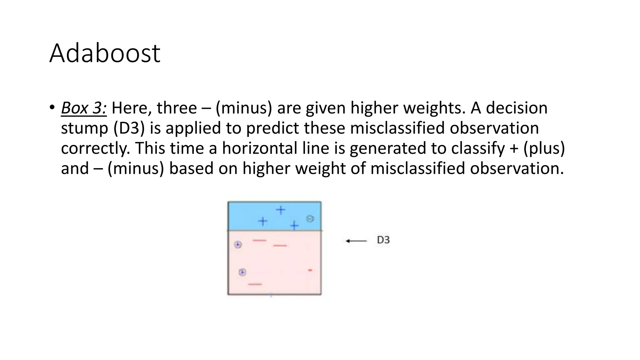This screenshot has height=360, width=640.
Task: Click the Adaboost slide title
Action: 105,53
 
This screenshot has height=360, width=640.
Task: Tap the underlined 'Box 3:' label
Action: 84,108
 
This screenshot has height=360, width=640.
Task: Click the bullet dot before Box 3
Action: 52,107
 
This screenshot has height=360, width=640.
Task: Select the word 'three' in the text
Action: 177,108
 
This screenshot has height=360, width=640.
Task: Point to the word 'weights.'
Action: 435,108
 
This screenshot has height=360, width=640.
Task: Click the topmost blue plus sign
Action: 281,210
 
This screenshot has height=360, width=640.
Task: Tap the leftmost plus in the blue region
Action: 263,222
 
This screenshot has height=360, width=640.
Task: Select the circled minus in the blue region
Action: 310,219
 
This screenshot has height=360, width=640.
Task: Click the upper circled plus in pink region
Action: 238,245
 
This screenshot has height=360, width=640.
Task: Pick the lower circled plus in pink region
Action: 242,272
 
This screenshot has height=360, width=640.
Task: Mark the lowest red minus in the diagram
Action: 255,284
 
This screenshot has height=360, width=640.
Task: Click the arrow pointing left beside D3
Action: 356,241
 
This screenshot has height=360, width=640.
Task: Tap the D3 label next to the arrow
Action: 383,240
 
